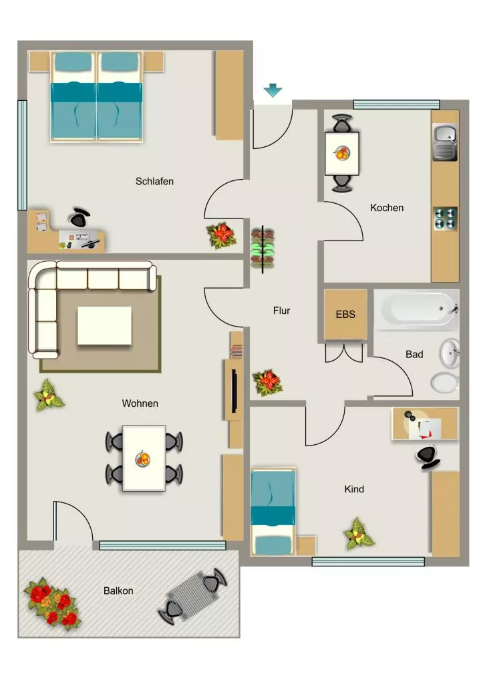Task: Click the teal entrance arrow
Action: coord(273,90)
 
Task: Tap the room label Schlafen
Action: coord(154,181)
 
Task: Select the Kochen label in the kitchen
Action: coord(387,208)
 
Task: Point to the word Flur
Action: coord(281,311)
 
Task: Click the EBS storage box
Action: coord(345,314)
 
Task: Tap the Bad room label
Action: coord(414,354)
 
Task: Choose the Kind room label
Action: coord(354,489)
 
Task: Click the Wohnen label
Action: coord(140,403)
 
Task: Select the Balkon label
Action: coord(118,590)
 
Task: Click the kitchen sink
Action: coord(445,142)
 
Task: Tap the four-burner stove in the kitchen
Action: coord(445,218)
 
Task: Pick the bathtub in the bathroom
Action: coord(416,309)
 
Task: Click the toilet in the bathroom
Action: coord(445,383)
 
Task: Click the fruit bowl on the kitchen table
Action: coord(341,153)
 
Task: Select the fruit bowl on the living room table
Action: coord(143,458)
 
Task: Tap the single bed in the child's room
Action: coord(273,512)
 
